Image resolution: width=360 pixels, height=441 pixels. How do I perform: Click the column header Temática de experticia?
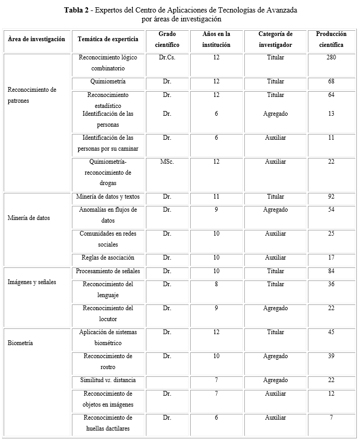[108, 39]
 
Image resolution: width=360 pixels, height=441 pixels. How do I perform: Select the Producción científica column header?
[331, 39]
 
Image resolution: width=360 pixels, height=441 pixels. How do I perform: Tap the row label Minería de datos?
[29, 218]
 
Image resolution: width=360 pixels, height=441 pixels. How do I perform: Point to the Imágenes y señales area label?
[32, 282]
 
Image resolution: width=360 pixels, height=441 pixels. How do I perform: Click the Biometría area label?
[20, 343]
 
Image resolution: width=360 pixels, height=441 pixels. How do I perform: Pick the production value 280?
[331, 57]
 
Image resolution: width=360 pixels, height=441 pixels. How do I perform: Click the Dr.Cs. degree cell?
[167, 57]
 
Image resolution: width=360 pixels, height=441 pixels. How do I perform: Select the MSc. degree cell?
[167, 162]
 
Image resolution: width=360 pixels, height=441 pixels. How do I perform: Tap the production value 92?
[331, 197]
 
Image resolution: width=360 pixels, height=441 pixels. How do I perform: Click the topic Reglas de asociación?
[108, 258]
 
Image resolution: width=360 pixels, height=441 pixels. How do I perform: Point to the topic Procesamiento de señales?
[108, 271]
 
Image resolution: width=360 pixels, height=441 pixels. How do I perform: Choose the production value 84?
[331, 271]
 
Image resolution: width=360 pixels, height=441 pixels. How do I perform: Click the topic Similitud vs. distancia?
[108, 380]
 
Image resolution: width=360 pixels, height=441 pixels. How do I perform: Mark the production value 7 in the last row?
[331, 418]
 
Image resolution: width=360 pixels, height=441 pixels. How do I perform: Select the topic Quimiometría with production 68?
[108, 81]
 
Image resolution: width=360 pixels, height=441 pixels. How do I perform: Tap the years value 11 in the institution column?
[216, 197]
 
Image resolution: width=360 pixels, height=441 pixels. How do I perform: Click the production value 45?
[331, 332]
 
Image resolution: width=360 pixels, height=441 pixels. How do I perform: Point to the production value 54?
[331, 210]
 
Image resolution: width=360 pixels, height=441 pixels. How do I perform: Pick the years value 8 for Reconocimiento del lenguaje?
[216, 284]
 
